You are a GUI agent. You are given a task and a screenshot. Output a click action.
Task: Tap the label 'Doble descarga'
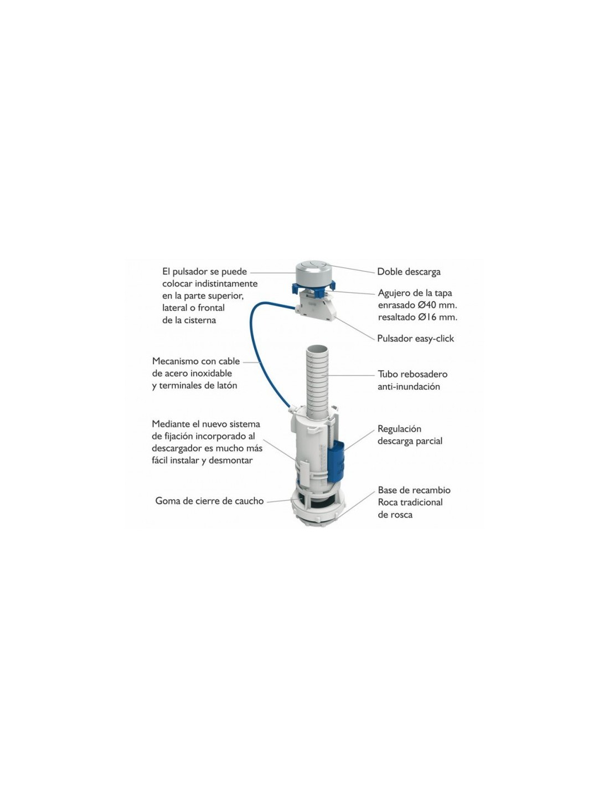point(408,272)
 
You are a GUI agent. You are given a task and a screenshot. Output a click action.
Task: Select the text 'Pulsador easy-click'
point(415,339)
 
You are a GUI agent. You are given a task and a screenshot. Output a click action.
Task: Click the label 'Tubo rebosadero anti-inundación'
point(412,380)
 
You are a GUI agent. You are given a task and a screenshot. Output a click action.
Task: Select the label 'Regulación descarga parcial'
point(410,435)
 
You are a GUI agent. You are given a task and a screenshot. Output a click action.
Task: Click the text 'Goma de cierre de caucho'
point(209,501)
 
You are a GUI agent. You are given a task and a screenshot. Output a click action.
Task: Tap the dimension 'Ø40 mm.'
point(437,305)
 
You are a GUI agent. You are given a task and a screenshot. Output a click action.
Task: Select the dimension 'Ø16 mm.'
point(437,317)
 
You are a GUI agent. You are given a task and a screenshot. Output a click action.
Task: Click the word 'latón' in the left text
point(227,386)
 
